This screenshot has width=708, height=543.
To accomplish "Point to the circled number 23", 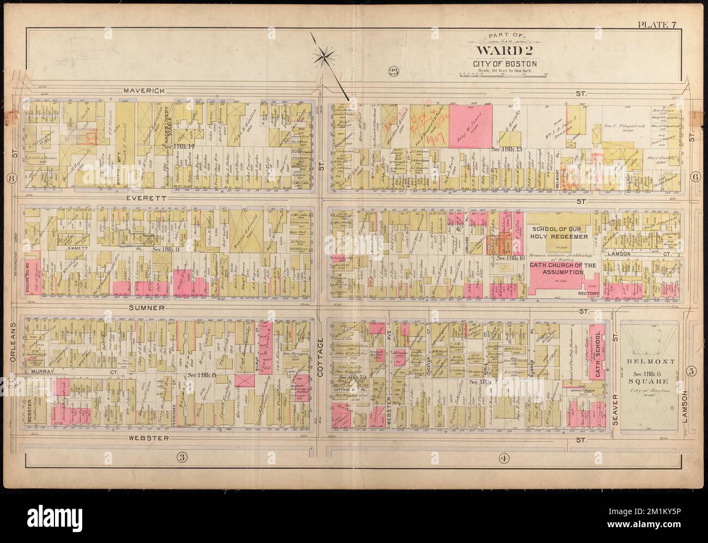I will (x=392, y=71).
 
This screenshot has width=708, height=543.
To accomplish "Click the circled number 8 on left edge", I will (x=10, y=178).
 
